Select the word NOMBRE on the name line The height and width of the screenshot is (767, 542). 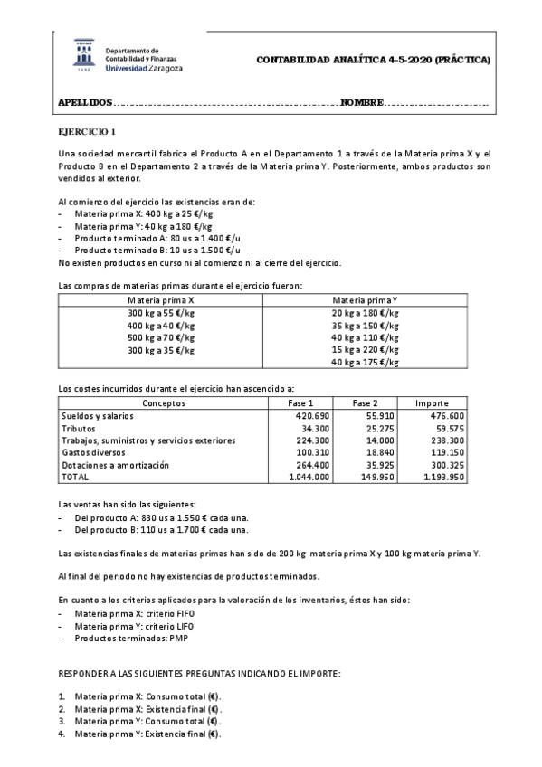pyautogui.click(x=362, y=103)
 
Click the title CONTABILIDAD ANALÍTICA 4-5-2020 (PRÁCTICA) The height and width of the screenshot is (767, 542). pyautogui.click(x=374, y=60)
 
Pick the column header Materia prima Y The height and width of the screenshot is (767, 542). pyautogui.click(x=366, y=299)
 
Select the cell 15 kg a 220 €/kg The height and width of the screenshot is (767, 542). pyautogui.click(x=366, y=349)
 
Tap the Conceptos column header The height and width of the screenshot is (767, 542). pyautogui.click(x=165, y=403)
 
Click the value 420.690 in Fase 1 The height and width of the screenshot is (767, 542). pyautogui.click(x=310, y=416)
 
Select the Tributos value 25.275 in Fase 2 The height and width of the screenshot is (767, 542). pyautogui.click(x=379, y=428)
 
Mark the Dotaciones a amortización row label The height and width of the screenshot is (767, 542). pyautogui.click(x=114, y=464)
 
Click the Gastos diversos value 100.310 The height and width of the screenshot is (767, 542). pyautogui.click(x=310, y=451)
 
